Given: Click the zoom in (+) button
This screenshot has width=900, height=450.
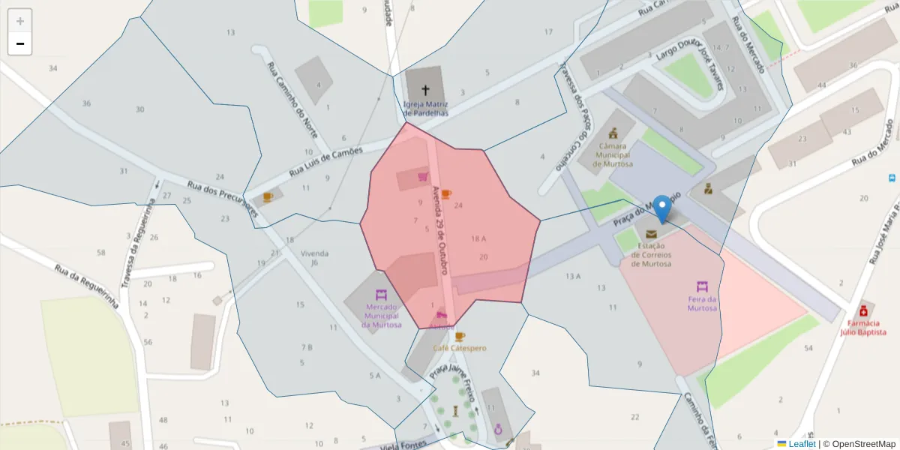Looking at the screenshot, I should pyautogui.click(x=20, y=21).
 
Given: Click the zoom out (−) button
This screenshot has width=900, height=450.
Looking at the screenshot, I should pyautogui.click(x=20, y=43).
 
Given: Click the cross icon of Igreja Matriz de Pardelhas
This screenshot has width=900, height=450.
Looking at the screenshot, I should pyautogui.click(x=425, y=90).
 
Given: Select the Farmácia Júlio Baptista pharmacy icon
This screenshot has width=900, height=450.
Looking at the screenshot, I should pyautogui.click(x=863, y=310).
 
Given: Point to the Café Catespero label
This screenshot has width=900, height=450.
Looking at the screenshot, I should pyautogui.click(x=459, y=348).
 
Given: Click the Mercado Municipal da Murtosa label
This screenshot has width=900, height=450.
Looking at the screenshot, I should pyautogui.click(x=381, y=315).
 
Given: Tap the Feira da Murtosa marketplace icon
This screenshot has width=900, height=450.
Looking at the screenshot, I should pyautogui.click(x=702, y=286).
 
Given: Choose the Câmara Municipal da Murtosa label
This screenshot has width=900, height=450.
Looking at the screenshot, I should pyautogui.click(x=613, y=155).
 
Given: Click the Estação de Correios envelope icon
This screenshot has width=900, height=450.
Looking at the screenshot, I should pyautogui.click(x=650, y=235).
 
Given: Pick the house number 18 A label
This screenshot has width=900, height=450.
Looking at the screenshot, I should pyautogui.click(x=478, y=238).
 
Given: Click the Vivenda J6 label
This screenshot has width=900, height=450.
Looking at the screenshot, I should pyautogui.click(x=315, y=258).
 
